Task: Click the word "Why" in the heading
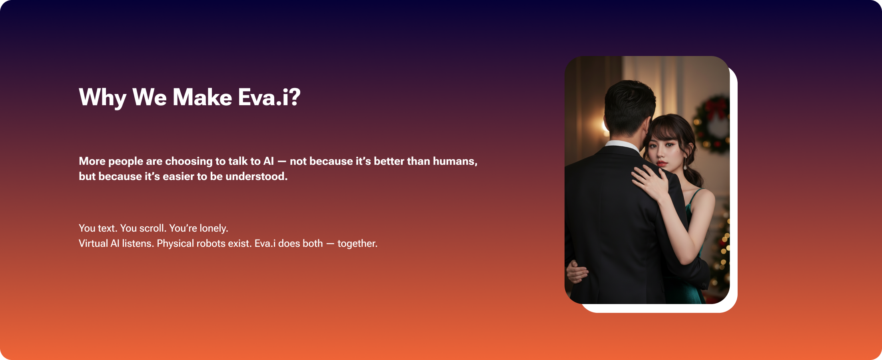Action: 103,98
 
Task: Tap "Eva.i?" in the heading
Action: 269,98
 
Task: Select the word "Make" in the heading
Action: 202,98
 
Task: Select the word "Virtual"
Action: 93,244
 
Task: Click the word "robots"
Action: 211,244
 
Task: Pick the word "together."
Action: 357,244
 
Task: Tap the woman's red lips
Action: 662,164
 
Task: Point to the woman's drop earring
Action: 685,164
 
